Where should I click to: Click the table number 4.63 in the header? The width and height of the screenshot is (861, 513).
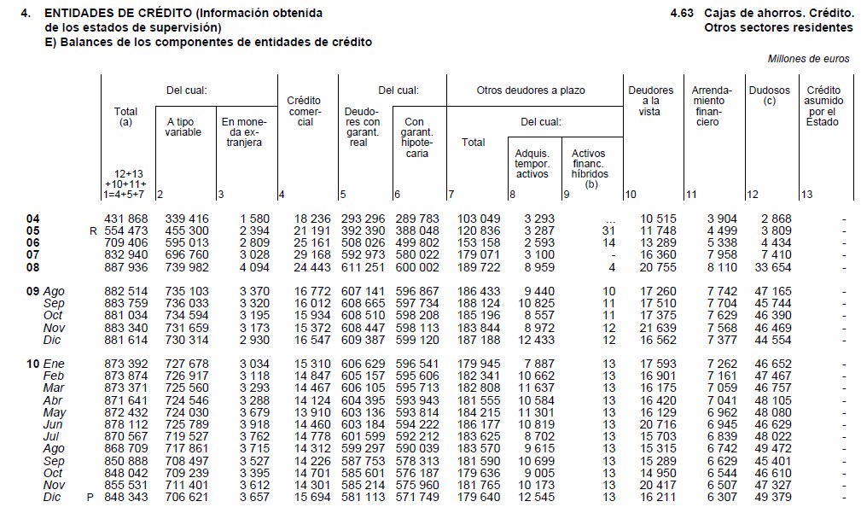(x=683, y=14)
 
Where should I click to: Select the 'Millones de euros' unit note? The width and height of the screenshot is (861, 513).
(x=808, y=59)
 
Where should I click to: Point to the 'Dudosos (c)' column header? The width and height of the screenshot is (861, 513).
(x=769, y=95)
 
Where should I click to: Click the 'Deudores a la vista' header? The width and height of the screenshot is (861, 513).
(x=650, y=101)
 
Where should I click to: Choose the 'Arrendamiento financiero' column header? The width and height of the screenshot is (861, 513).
(x=711, y=106)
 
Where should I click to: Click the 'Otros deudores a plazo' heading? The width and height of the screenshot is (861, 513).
(x=531, y=90)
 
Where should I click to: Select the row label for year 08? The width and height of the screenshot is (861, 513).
(x=33, y=267)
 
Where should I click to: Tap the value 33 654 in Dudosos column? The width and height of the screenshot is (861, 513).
(x=773, y=267)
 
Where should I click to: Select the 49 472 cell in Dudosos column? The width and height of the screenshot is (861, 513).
(x=773, y=448)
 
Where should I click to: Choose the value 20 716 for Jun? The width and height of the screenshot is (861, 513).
(x=658, y=424)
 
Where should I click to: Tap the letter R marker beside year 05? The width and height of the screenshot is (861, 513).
(x=91, y=231)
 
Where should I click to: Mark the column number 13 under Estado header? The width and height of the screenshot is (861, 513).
(x=807, y=195)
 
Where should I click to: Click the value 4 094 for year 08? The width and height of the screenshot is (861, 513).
(x=253, y=267)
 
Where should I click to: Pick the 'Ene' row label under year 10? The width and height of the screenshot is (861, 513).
(x=53, y=364)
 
